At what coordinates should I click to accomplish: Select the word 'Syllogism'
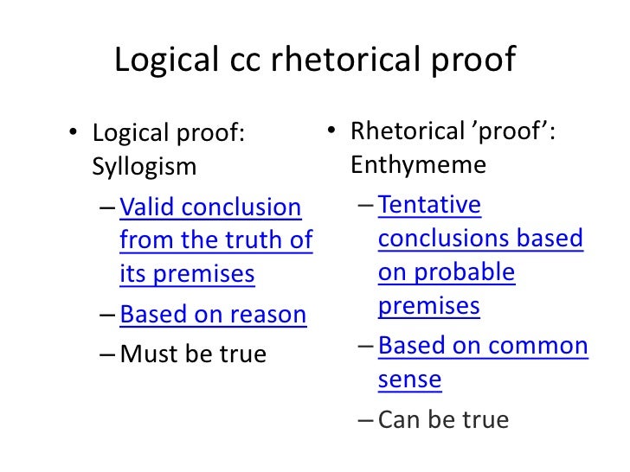[144, 165]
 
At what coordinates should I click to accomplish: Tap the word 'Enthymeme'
[419, 163]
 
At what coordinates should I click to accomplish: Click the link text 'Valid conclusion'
[210, 207]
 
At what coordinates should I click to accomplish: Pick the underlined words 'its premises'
[187, 274]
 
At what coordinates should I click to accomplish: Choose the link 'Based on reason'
[213, 315]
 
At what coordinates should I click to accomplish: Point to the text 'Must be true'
[193, 354]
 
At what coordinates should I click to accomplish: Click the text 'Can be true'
[444, 420]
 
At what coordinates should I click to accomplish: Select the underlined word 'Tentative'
[429, 205]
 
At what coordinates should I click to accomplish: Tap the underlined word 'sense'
[409, 380]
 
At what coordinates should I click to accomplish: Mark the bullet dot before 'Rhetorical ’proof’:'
[331, 132]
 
